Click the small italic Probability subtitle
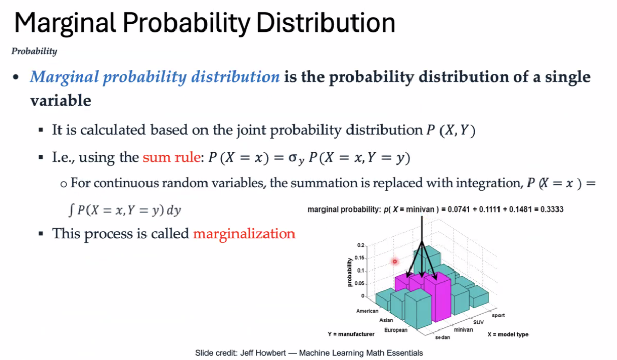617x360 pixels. (35, 51)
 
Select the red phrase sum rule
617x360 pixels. (171, 157)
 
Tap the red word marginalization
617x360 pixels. (244, 234)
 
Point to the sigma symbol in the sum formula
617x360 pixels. (292, 158)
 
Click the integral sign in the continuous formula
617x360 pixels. (71, 211)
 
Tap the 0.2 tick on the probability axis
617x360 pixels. (361, 245)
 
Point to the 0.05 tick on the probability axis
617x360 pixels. (359, 283)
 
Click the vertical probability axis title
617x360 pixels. (350, 272)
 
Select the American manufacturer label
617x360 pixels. (367, 311)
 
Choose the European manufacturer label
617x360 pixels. (396, 330)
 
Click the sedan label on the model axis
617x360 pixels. (443, 337)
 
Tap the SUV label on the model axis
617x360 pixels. (479, 322)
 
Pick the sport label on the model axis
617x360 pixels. (498, 315)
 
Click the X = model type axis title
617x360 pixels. (508, 334)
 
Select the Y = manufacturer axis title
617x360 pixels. (351, 334)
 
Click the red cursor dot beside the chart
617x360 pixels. (395, 262)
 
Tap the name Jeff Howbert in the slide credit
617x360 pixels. (263, 353)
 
